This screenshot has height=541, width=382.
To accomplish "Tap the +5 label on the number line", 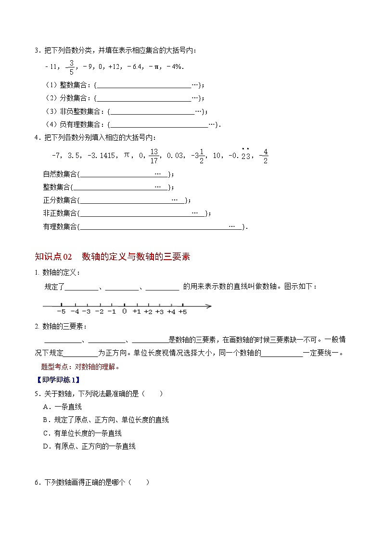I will click(x=183, y=312).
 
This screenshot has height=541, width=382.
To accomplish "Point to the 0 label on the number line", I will click(x=124, y=312).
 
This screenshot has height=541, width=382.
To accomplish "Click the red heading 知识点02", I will click(x=53, y=257).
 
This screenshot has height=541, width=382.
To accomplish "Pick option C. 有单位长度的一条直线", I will click(x=82, y=433).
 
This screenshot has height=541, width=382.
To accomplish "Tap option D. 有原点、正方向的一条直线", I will click(x=89, y=446).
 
